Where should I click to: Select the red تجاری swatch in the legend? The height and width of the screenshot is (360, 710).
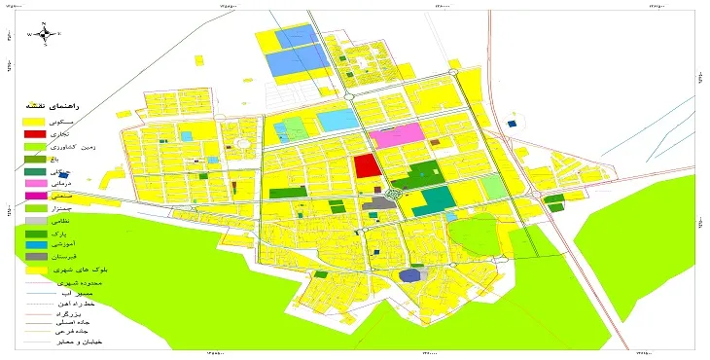33,132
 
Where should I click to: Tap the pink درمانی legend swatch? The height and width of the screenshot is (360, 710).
33,183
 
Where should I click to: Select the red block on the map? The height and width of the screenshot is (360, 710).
366,165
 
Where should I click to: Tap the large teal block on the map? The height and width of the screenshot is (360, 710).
438,201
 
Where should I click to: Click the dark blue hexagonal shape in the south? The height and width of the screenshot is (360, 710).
412,275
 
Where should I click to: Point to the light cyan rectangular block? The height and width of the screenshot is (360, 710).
337,121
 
